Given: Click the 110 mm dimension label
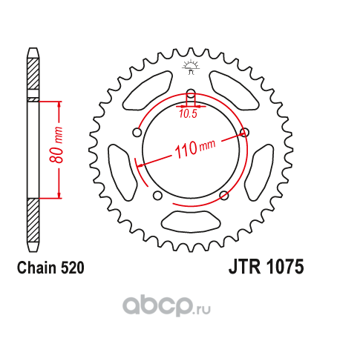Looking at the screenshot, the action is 195,148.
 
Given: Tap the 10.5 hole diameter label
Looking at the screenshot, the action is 188,113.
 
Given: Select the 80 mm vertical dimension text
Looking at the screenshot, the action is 56,145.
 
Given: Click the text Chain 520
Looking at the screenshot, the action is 50,268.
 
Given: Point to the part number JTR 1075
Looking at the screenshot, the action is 266,267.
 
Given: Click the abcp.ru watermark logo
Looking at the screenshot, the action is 166,306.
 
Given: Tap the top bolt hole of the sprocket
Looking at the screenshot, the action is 191,93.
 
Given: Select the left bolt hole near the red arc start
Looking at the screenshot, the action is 137,133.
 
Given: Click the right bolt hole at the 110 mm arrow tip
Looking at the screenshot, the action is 244,132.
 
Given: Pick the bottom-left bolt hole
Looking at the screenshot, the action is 157,196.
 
